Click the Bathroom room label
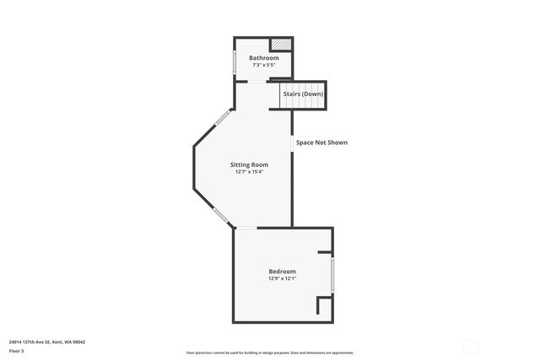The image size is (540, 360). point(263,57)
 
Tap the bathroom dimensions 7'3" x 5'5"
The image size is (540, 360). point(263,65)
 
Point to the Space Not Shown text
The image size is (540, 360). point(321,142)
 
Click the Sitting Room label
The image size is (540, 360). point(250,164)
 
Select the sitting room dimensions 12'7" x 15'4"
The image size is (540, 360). point(250,172)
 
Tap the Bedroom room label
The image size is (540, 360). point(282,271)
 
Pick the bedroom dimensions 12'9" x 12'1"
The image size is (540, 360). point(282,278)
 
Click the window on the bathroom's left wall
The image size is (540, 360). point(235,63)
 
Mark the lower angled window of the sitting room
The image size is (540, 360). point(220,216)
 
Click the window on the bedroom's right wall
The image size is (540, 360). point(332,274)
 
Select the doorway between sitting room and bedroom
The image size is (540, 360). point(246,228)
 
